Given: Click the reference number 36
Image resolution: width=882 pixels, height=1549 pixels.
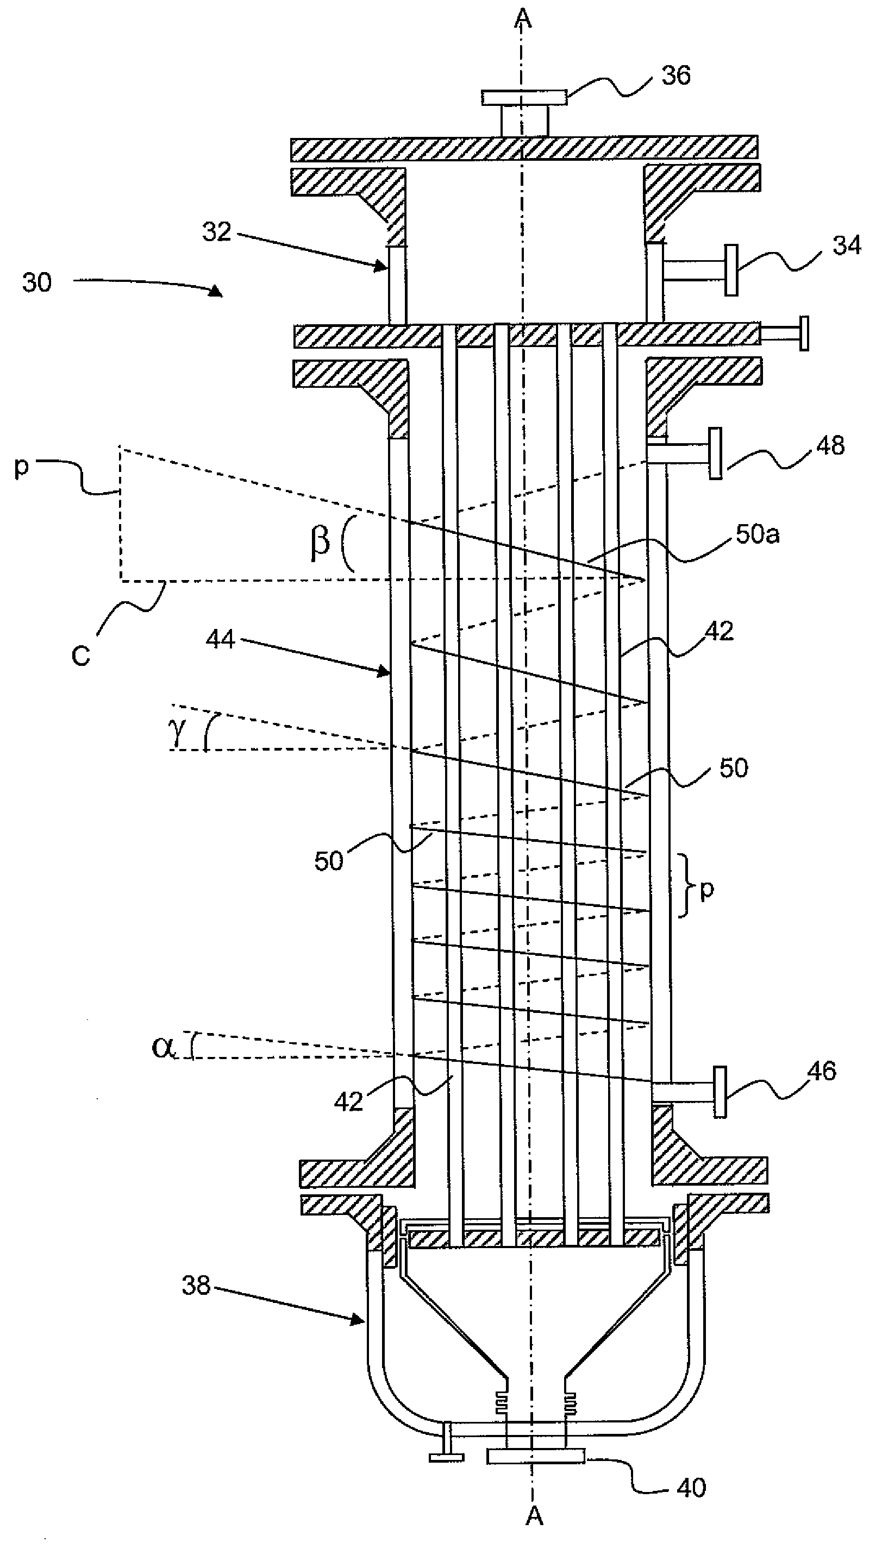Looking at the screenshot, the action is click(675, 75).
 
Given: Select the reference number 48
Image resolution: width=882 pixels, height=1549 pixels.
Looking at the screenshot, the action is click(830, 446).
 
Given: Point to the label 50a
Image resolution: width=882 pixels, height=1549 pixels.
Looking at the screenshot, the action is click(757, 534).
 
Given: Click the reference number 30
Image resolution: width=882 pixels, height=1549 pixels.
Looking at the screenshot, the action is click(37, 282).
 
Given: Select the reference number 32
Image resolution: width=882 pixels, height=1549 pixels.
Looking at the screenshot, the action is click(216, 232).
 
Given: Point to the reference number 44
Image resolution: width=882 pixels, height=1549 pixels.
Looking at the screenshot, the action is click(220, 639).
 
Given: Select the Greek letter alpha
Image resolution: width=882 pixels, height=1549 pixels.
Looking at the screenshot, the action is click(163, 1047).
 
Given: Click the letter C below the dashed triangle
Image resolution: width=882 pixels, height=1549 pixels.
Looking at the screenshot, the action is click(80, 655).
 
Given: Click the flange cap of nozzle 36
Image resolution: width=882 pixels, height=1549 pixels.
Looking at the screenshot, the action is click(524, 97).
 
